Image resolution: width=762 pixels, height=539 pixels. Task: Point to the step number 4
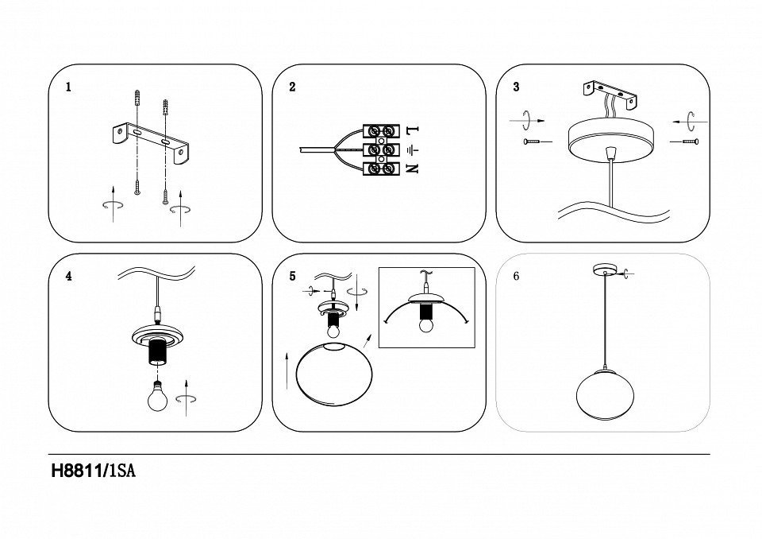point(69,277)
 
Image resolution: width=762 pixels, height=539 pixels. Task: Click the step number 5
point(292,277)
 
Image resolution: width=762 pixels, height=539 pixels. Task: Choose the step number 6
point(517,277)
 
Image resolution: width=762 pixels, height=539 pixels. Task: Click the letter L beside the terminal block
point(411,130)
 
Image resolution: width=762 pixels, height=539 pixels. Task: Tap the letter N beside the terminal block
point(411,168)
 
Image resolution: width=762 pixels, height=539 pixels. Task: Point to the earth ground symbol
point(411,149)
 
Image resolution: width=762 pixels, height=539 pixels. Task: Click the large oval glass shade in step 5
point(331,376)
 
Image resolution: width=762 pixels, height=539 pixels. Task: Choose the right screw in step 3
point(687,142)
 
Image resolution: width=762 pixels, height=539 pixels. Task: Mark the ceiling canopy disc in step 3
point(608,137)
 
